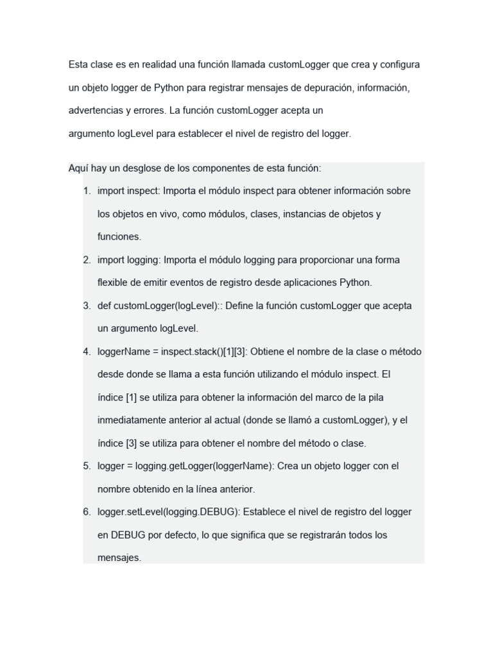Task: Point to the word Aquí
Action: (78, 168)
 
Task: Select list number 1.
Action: (87, 191)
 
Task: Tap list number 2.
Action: (87, 260)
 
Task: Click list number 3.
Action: (87, 306)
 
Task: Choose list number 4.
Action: (87, 351)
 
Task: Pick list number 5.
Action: (87, 466)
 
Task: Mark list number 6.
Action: (87, 511)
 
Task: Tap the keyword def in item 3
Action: (105, 306)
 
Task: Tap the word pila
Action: (375, 397)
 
